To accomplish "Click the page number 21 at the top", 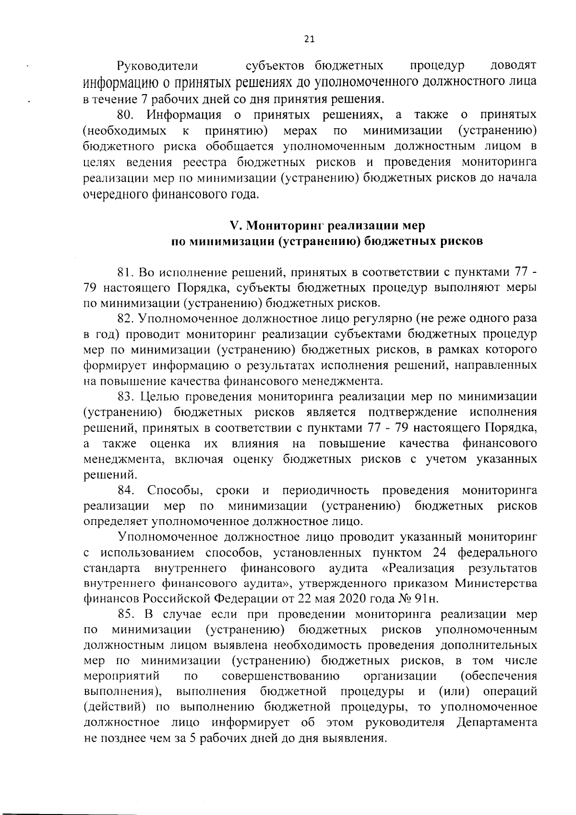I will [309, 40].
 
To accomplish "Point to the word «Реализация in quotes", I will [418, 568].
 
